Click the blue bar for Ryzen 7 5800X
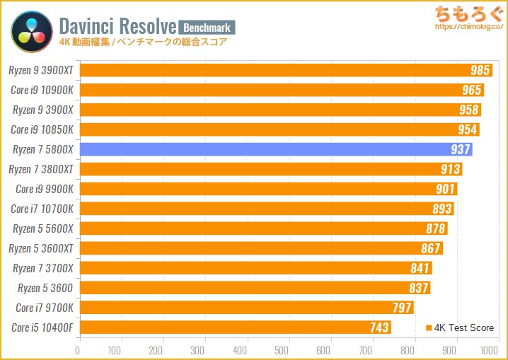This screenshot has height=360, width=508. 276,149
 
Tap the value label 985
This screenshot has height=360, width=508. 480,70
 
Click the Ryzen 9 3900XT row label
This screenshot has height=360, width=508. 41,70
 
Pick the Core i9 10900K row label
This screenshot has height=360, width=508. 42,90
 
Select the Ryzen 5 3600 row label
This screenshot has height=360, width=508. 45,288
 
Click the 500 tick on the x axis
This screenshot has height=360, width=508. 284,349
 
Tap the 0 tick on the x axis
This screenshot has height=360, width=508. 79,349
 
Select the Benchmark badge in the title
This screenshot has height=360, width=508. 207,27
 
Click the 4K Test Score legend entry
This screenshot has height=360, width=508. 460,327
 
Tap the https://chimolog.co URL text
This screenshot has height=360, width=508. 467,27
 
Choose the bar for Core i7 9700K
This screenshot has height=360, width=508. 246,308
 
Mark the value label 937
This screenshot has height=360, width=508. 461,149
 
